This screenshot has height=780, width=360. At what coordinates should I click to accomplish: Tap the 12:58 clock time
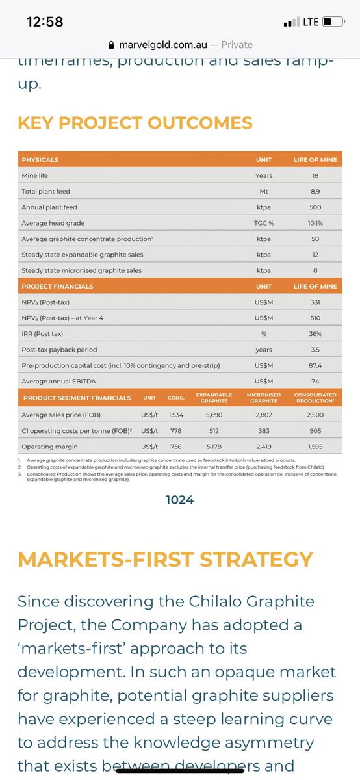44,21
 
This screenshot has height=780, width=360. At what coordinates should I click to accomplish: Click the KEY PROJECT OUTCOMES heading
135,122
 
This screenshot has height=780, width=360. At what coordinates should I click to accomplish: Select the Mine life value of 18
315,175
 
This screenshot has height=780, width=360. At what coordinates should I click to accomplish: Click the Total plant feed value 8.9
315,191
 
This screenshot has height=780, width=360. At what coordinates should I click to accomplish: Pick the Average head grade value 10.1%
315,223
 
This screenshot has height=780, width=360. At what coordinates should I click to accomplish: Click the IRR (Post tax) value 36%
315,333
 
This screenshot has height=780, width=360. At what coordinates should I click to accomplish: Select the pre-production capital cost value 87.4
315,365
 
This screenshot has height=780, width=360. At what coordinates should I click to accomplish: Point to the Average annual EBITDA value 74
315,381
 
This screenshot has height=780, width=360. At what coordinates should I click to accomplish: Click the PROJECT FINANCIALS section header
57,286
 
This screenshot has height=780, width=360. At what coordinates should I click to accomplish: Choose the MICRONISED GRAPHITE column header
263,397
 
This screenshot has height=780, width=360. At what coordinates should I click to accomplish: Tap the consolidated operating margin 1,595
315,447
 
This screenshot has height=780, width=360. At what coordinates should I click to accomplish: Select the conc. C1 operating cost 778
175,430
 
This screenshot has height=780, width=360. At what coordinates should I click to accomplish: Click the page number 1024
179,499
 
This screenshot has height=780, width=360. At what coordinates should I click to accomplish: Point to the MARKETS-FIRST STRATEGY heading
165,559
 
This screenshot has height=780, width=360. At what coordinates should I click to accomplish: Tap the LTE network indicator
311,21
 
